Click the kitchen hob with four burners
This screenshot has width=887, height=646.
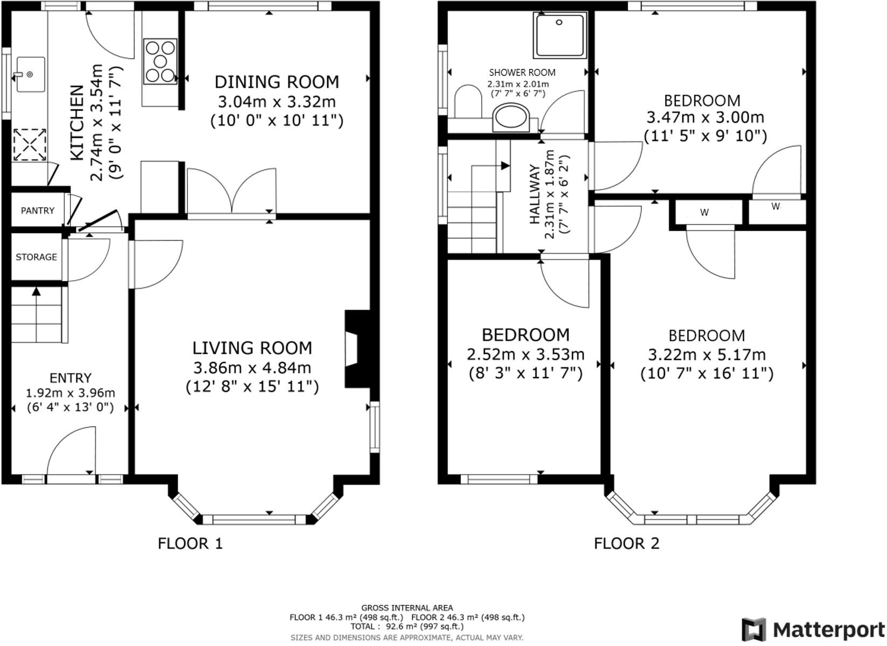click(x=160, y=61)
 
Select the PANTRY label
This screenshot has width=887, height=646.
click(x=37, y=210)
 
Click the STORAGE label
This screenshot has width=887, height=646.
click(x=36, y=257)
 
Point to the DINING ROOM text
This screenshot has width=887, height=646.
click(x=277, y=82)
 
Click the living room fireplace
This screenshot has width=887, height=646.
click(x=355, y=349)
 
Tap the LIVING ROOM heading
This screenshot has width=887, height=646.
click(x=252, y=348)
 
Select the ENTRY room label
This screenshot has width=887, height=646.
click(x=70, y=378)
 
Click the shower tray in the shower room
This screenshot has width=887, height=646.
click(x=559, y=36)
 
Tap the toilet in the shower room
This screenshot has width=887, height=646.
click(x=467, y=102)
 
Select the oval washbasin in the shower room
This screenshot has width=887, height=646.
click(x=512, y=117)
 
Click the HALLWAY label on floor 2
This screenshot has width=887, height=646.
click(x=535, y=195)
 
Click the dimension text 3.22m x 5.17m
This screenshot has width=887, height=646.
click(x=706, y=355)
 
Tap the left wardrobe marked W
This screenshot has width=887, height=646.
click(x=704, y=213)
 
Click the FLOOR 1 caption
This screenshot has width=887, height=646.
click(x=190, y=543)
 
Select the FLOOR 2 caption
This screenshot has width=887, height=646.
click(x=626, y=543)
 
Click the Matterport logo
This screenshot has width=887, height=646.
click(x=813, y=629)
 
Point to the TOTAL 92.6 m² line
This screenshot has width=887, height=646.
click(x=406, y=627)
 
